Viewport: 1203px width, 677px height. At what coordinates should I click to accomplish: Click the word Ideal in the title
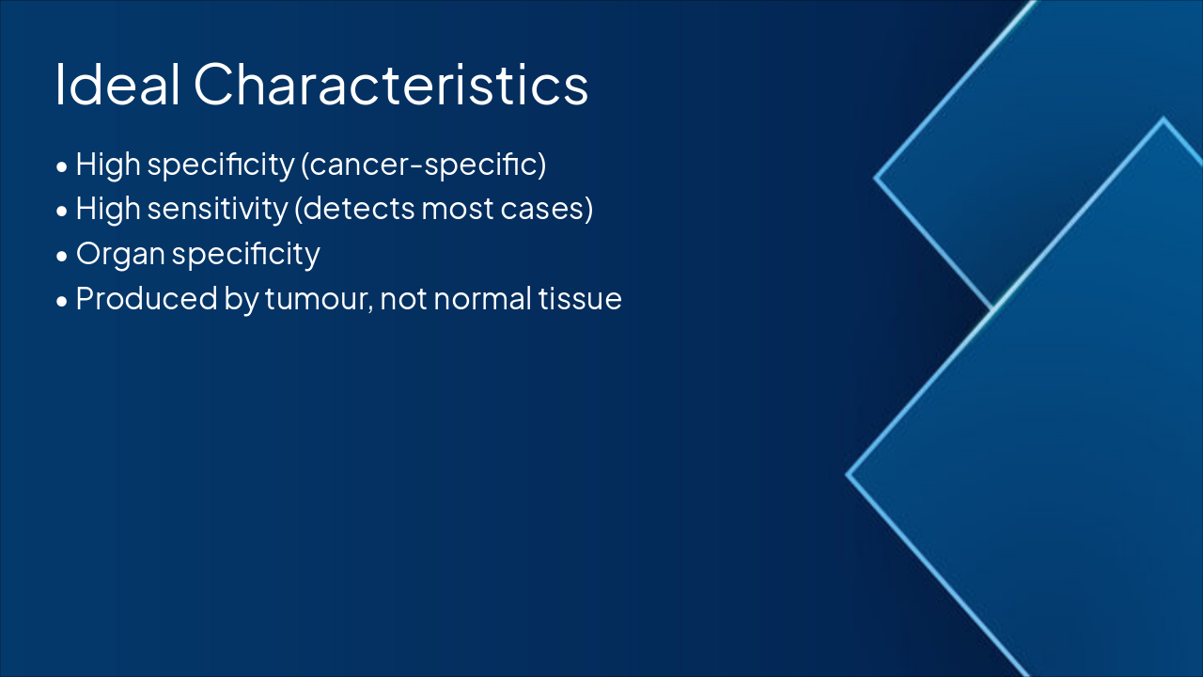pos(117,85)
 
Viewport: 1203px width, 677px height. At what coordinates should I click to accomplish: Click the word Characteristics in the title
pos(391,85)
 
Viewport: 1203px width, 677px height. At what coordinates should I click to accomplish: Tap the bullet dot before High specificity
pos(62,166)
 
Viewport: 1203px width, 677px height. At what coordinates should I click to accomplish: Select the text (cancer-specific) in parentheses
pos(423,165)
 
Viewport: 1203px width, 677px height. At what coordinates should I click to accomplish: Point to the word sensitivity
pos(217,209)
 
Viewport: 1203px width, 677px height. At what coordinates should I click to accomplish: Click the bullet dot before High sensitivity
pos(62,212)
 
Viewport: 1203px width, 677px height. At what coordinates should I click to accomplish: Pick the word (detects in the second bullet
pos(354,209)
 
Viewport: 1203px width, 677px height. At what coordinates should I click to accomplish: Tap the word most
pos(458,210)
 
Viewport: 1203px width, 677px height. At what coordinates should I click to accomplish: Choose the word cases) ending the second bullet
pos(547,209)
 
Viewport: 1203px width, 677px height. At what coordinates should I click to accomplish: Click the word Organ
pos(120,254)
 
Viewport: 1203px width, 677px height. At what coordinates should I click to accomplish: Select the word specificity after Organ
pos(246,254)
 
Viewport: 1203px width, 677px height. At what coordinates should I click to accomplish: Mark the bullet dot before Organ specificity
pos(62,257)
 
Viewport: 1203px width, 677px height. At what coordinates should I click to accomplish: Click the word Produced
pos(147,298)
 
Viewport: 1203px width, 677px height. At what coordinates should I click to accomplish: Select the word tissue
pos(580,299)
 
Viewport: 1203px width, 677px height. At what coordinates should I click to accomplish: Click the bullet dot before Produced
pos(62,302)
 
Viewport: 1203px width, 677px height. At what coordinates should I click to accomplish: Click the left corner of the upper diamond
pos(874,178)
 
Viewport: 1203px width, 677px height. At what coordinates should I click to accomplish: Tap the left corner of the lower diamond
pos(847,475)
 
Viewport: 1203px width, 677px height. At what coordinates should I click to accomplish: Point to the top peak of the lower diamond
pos(1164,118)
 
